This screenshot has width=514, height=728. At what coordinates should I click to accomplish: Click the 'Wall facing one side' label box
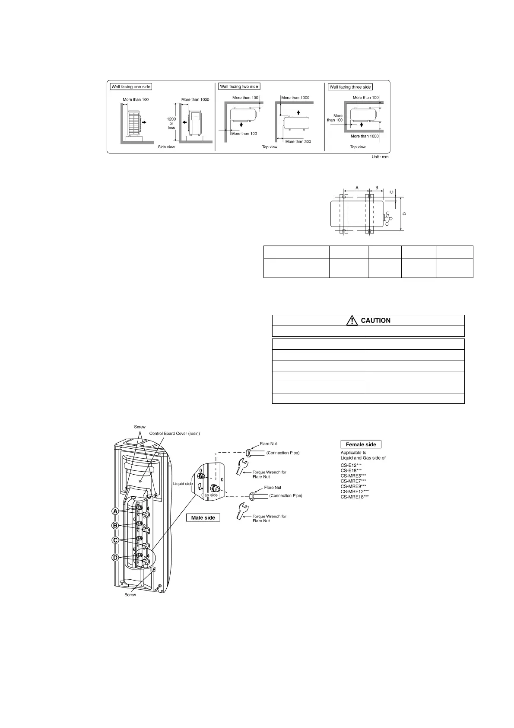(x=131, y=87)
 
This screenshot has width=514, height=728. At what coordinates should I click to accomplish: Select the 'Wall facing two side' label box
(x=239, y=86)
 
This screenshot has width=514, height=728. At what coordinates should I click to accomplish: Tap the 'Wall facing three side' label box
(x=350, y=87)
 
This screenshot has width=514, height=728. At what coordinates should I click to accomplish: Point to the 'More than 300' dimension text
(x=298, y=141)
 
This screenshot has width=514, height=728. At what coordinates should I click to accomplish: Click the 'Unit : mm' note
(x=380, y=156)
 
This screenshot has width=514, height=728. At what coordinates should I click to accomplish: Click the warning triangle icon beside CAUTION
(x=352, y=320)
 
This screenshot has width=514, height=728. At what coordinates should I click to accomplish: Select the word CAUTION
(x=375, y=320)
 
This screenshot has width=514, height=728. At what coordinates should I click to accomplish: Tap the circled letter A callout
(x=115, y=511)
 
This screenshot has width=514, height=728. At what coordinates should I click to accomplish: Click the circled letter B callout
(x=115, y=526)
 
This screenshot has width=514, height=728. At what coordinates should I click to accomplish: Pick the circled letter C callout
(x=115, y=540)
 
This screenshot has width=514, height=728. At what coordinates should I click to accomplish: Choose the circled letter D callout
(x=115, y=558)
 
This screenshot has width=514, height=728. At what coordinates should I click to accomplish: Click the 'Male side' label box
(x=203, y=517)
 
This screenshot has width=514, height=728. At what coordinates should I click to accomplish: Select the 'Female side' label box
(x=361, y=444)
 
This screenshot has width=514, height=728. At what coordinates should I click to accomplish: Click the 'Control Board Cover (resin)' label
(x=175, y=433)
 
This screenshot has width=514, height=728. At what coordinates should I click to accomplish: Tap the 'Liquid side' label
(x=183, y=484)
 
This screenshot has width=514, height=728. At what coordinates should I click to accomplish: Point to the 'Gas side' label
(x=209, y=495)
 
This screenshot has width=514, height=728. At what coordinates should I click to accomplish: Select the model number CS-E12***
(x=351, y=465)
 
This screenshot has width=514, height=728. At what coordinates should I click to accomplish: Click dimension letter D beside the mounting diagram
(x=404, y=214)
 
